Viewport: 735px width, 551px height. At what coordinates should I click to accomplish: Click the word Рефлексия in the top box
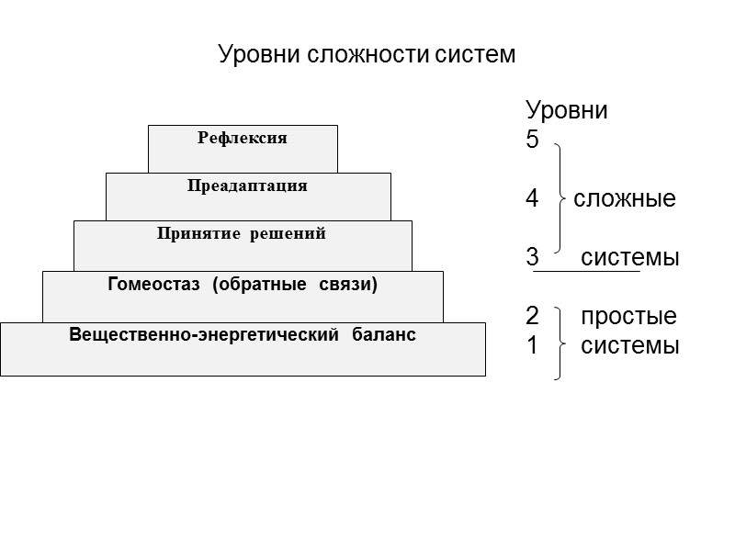243,139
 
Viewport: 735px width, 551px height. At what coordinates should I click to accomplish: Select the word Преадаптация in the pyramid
247,186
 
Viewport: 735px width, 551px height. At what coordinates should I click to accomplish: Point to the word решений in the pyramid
291,234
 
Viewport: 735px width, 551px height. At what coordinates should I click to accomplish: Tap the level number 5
533,141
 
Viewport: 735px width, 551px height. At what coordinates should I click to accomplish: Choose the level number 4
533,198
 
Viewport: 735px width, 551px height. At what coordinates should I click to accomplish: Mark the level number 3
533,257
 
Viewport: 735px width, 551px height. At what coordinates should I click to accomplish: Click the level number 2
533,317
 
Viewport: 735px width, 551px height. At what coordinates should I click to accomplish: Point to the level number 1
533,346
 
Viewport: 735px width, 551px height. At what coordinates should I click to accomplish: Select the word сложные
625,198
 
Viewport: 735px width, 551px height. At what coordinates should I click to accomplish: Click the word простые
629,317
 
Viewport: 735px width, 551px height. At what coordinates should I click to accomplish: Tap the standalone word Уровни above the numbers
567,111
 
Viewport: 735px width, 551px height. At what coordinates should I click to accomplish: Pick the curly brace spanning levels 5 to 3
559,198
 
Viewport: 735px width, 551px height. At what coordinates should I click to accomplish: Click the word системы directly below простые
630,346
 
